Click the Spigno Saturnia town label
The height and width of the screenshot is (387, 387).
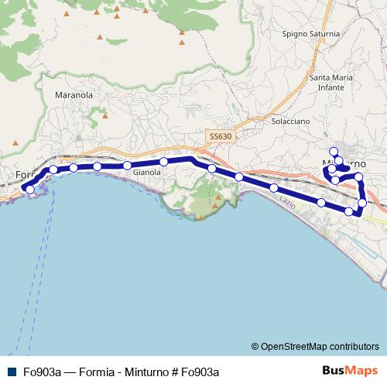pos(311,34)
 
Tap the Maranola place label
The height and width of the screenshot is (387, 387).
pos(74,94)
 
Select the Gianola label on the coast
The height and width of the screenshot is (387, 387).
pos(146,173)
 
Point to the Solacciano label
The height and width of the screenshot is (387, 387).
pos(291,122)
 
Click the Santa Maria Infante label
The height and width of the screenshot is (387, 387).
pos(332,82)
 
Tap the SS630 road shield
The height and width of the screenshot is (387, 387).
pos(221,136)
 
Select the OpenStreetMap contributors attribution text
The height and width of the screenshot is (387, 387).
pos(320,346)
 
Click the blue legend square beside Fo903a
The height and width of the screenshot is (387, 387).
pos(11,371)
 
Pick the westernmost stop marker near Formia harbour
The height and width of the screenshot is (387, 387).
pos(29,189)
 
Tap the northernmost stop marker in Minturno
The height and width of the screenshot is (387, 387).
pos(334,151)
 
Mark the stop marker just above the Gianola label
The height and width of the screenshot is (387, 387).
pos(164,162)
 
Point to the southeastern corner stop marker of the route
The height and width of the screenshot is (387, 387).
pos(361,203)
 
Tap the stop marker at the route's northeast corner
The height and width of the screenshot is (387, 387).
pos(358,177)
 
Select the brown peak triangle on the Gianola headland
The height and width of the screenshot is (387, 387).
pos(217,196)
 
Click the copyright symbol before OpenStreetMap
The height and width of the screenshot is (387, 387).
pos(255,346)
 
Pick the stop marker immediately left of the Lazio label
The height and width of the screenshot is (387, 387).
pos(274,188)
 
